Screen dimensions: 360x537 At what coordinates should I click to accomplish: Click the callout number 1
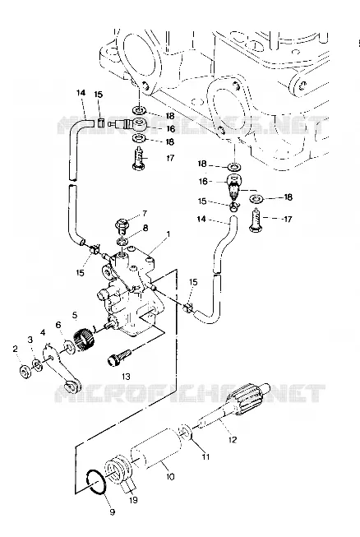pyautogui.click(x=168, y=234)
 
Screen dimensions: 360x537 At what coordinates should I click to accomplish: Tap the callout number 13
pyautogui.click(x=126, y=377)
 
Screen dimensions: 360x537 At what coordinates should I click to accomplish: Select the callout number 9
pyautogui.click(x=112, y=512)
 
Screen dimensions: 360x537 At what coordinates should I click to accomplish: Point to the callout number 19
pyautogui.click(x=133, y=500)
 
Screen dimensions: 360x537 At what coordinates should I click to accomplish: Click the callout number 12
pyautogui.click(x=233, y=439)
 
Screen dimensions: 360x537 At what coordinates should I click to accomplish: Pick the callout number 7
pyautogui.click(x=145, y=214)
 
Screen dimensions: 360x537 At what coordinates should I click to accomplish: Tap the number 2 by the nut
pyautogui.click(x=15, y=349)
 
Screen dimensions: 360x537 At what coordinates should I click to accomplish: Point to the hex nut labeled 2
pyautogui.click(x=25, y=371)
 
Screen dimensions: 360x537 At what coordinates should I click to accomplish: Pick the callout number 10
pyautogui.click(x=170, y=476)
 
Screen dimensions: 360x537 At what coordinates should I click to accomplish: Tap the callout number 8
pyautogui.click(x=145, y=228)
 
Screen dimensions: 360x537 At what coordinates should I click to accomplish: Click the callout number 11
pyautogui.click(x=205, y=456)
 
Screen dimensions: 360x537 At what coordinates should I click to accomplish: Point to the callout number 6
pyautogui.click(x=58, y=325)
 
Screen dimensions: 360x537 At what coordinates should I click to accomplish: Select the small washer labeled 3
pyautogui.click(x=37, y=365)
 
